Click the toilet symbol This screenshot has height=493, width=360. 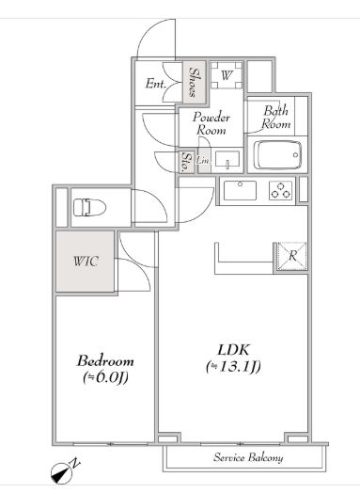89,207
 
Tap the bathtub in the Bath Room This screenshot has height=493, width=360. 277,155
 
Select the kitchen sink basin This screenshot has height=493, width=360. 240,190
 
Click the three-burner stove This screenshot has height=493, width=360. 280,191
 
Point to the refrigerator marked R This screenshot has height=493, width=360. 291,256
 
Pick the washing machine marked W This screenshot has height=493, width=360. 227,75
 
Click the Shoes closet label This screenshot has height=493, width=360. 195,82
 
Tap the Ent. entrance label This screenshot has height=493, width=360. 156,84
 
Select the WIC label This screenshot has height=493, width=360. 86,261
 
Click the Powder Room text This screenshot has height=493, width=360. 211,123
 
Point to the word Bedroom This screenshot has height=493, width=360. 105,361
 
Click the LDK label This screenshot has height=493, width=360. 234,350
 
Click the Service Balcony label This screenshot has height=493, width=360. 248,457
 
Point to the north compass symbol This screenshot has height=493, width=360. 63,472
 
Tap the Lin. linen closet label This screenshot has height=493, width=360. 203,161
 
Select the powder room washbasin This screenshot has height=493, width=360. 227,159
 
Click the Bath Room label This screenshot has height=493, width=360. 276,118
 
